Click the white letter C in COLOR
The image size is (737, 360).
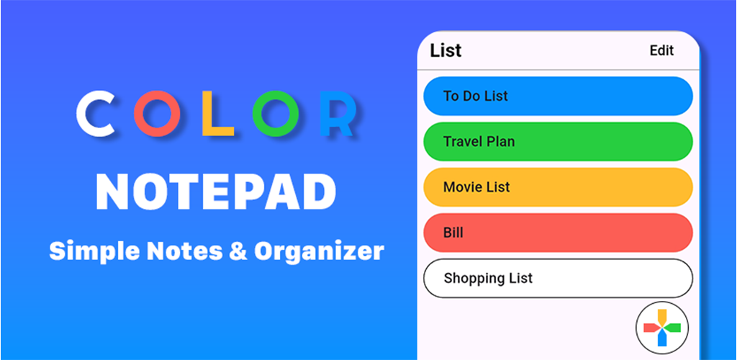click(x=81, y=113)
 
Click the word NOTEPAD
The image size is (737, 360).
click(x=216, y=193)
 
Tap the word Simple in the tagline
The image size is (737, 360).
click(x=94, y=252)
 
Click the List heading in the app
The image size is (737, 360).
click(x=446, y=50)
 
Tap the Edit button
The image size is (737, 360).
click(x=662, y=50)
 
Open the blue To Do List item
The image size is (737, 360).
click(x=558, y=96)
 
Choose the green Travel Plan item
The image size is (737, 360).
click(x=558, y=141)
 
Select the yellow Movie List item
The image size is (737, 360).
click(x=558, y=187)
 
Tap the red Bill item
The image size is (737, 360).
click(x=558, y=233)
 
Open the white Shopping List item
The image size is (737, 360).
click(x=558, y=278)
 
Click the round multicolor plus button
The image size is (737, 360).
click(x=662, y=328)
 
